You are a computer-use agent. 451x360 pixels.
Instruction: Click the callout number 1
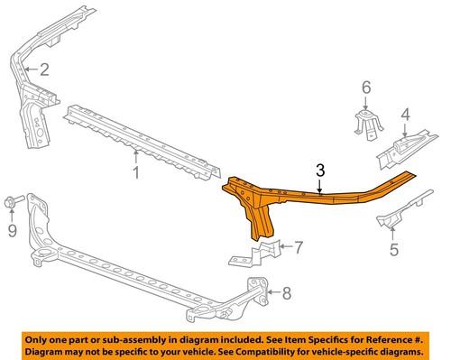136,171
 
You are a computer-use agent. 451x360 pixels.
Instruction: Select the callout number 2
43,69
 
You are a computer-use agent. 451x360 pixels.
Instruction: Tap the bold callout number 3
321,171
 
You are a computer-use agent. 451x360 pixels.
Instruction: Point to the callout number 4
405,115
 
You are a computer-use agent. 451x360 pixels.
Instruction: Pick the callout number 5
393,251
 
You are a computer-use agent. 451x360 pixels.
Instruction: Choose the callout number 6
365,87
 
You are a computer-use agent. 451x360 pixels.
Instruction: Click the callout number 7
299,245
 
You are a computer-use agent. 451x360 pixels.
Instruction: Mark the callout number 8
287,291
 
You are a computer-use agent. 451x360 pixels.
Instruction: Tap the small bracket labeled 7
266,251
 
